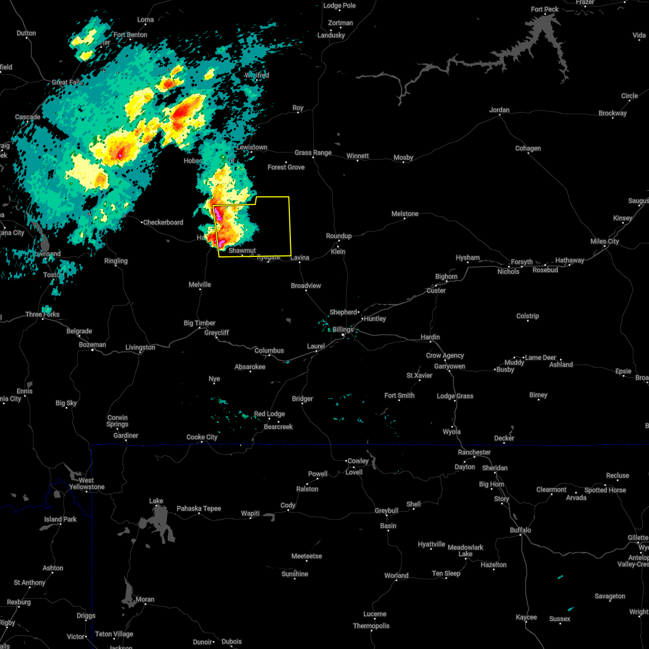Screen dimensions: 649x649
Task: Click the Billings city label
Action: pyautogui.click(x=343, y=329)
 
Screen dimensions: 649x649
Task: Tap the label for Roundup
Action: pyautogui.click(x=339, y=236)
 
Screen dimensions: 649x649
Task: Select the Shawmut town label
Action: pyautogui.click(x=242, y=250)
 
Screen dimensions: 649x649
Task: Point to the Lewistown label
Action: pyautogui.click(x=251, y=147)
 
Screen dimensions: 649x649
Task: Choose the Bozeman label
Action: pyautogui.click(x=92, y=345)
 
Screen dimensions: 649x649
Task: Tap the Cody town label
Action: pyautogui.click(x=288, y=505)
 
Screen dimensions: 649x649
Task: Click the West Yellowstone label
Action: pyautogui.click(x=87, y=484)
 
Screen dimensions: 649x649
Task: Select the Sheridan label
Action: pyautogui.click(x=494, y=467)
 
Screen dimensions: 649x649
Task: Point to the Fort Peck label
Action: pyautogui.click(x=545, y=9)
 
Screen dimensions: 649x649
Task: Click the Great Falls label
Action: pyautogui.click(x=68, y=82)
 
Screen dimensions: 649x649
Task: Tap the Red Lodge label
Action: pyautogui.click(x=269, y=414)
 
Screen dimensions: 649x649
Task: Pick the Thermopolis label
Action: pyautogui.click(x=372, y=626)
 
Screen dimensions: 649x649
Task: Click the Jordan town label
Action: pyautogui.click(x=499, y=110)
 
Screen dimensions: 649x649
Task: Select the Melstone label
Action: pyautogui.click(x=405, y=214)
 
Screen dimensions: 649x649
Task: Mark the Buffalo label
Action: pyautogui.click(x=520, y=530)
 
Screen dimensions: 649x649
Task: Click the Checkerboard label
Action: pyautogui.click(x=163, y=222)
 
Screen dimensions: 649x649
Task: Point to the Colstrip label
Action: pyautogui.click(x=527, y=316)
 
